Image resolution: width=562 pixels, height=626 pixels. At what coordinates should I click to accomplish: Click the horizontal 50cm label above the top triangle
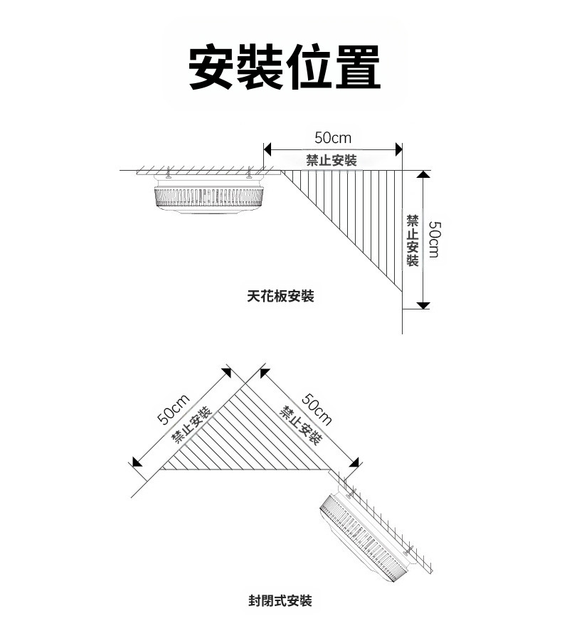(333, 137)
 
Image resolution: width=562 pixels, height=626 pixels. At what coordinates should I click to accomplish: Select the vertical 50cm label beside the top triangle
(436, 239)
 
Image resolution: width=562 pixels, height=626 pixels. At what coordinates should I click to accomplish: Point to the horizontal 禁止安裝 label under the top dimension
(332, 160)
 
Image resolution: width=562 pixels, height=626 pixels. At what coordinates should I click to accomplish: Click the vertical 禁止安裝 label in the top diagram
(412, 239)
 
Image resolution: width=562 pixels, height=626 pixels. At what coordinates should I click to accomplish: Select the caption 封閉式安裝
(280, 601)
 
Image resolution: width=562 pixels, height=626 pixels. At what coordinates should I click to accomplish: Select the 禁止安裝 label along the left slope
(190, 425)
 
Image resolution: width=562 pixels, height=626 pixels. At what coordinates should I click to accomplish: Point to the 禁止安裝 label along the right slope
(299, 425)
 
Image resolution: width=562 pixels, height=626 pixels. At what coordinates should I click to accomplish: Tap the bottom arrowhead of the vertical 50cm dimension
(423, 304)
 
